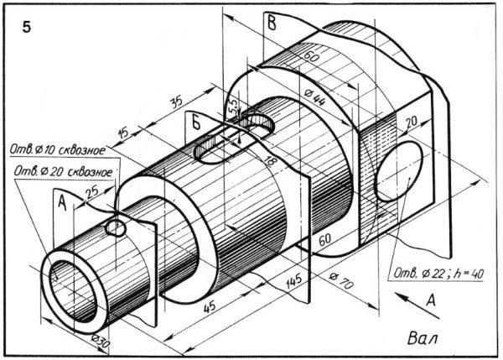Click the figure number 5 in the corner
tap(27, 27)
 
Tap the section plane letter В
tap(271, 23)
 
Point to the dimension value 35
tap(175, 102)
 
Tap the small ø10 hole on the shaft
tap(116, 227)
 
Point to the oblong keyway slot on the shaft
tap(233, 138)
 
